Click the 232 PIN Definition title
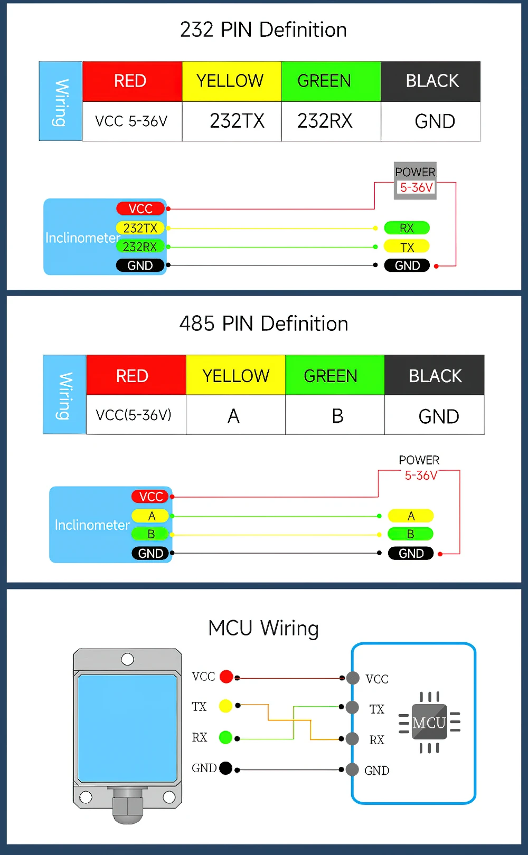point(263,30)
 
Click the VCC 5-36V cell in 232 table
point(132,121)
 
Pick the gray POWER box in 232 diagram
point(415,180)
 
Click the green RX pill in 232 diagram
point(407,228)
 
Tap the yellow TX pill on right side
point(407,247)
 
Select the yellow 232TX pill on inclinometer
point(140,228)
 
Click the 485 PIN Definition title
point(263,324)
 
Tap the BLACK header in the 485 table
point(435,376)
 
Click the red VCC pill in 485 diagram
point(150,497)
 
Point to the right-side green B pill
point(410,534)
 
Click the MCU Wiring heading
point(263,628)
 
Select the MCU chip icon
point(429,722)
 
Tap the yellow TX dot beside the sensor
point(225,706)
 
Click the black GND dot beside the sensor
point(225,768)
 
